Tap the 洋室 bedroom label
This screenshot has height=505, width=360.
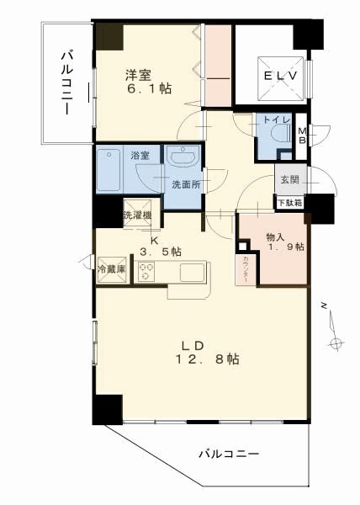click(139, 74)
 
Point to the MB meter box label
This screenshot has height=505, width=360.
click(303, 135)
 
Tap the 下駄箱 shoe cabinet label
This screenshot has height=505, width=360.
click(290, 202)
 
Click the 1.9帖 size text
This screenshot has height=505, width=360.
click(285, 247)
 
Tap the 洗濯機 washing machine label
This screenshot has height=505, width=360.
click(137, 215)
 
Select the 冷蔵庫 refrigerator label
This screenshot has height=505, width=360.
click(110, 269)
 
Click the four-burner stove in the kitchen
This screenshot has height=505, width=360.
click(146, 272)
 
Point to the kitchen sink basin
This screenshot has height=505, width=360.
click(192, 272)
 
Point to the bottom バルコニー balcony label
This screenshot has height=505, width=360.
click(229, 454)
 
